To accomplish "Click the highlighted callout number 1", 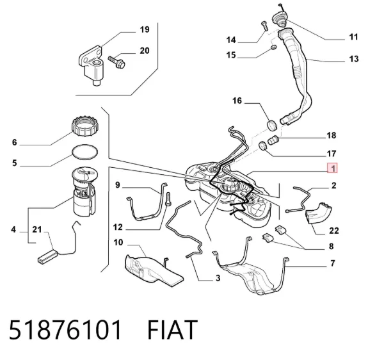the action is pos(332,168).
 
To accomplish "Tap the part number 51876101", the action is pos(65,330).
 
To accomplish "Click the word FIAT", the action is pos(172,330).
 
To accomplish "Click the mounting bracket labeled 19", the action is pos(91,64).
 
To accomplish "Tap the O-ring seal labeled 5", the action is pos(85,152).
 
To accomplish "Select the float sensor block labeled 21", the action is pos(48,257).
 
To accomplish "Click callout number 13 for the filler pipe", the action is pos(354,59).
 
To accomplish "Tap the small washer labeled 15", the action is pos(274,47).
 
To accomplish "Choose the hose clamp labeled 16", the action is pos(272,125).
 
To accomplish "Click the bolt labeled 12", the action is pos(168,199).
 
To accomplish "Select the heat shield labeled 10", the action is pos(152,270).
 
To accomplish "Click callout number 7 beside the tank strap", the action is pos(333,263).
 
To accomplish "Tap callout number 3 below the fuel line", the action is pos(218,278).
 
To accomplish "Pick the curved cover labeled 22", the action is pos(318,213).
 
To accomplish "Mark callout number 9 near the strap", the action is pos(118,185).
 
